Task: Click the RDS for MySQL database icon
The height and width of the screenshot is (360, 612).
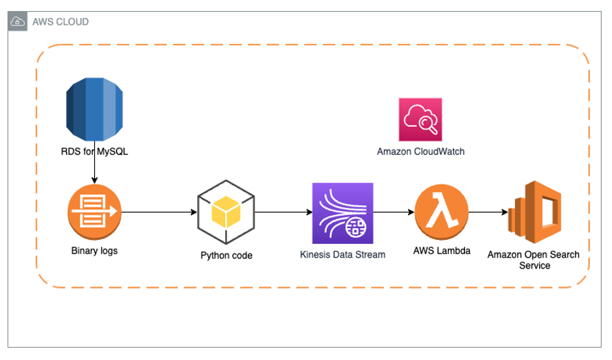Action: click(93, 109)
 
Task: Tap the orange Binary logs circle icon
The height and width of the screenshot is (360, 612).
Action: click(94, 212)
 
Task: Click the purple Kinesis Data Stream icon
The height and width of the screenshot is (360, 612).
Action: click(342, 213)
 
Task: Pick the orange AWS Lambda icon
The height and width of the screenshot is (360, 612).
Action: click(442, 212)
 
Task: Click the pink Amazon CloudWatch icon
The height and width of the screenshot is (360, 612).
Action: click(420, 120)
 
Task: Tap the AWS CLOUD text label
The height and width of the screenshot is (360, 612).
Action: click(60, 22)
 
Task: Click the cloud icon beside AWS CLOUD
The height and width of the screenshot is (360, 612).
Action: click(19, 22)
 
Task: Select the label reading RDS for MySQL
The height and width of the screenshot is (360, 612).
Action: click(94, 152)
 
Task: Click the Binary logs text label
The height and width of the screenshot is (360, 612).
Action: click(94, 251)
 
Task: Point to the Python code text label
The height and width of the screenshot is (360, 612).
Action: click(227, 256)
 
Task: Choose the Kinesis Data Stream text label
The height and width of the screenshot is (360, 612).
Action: click(342, 254)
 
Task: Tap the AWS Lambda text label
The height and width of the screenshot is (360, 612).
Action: click(442, 251)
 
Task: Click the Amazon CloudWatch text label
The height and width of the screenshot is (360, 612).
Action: click(420, 151)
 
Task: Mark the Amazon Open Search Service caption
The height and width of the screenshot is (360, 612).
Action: click(534, 260)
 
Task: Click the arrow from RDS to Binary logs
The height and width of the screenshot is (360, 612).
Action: click(94, 172)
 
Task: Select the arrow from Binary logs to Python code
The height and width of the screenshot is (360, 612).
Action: click(159, 212)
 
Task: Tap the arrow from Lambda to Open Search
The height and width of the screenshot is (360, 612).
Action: click(487, 212)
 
